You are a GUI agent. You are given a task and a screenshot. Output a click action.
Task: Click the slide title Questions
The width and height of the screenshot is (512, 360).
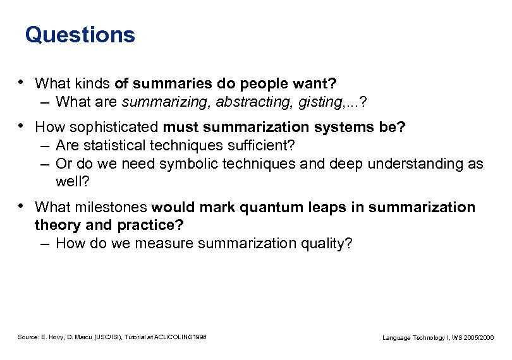(80, 35)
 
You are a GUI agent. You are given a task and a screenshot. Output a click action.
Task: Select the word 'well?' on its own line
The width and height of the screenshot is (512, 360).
(72, 181)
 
